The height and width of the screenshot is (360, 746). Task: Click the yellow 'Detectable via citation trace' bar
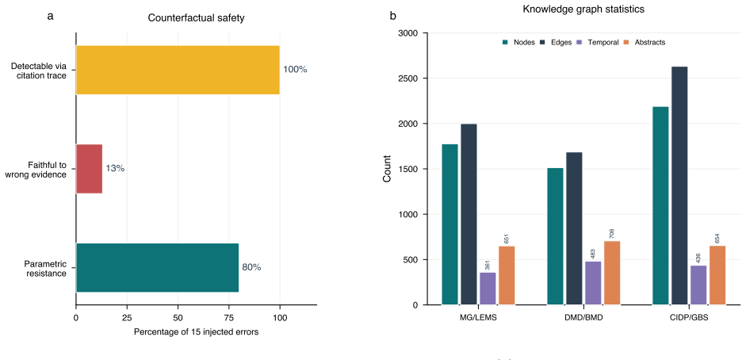coord(178,70)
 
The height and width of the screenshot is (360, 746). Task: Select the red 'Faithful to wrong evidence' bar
coord(89,169)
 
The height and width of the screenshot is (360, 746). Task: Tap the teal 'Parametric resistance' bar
coord(158,268)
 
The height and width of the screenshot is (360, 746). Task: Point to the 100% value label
coord(296,70)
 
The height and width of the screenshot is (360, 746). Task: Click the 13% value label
coord(115,168)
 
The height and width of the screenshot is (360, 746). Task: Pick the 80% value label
coord(251,267)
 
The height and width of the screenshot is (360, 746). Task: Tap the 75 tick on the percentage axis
coord(229,316)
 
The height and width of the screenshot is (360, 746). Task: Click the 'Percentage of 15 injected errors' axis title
coord(197,332)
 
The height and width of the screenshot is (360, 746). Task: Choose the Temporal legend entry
coord(597,42)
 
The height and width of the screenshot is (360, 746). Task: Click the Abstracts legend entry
coord(645,42)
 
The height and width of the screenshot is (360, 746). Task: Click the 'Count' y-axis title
coord(388,169)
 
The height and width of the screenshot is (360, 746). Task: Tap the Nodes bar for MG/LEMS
coord(450,224)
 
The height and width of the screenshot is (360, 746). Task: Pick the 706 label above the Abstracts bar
coord(612,233)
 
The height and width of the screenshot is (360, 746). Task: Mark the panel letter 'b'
coord(392,17)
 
